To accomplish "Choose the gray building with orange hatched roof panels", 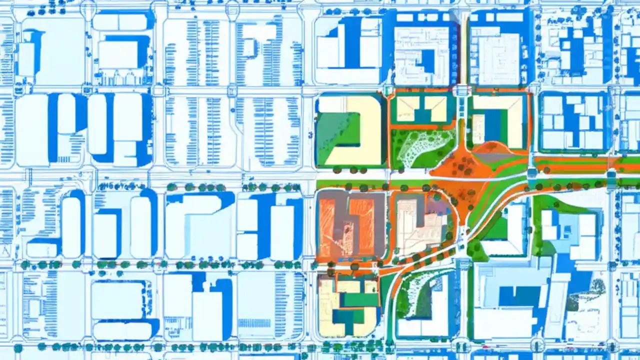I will pyautogui.click(x=350, y=225).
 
